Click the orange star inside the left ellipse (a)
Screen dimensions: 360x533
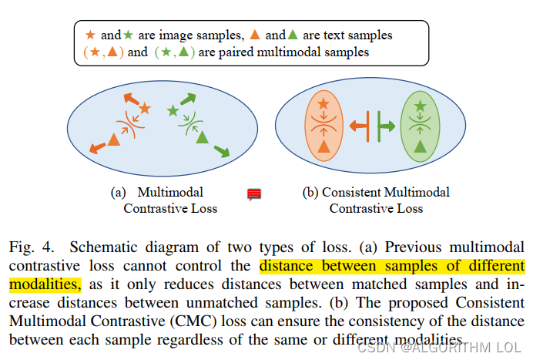(x=145, y=108)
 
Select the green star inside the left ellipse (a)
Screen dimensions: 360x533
(x=173, y=111)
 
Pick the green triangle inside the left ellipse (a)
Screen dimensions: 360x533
(x=202, y=137)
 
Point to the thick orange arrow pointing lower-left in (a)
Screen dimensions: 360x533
(x=98, y=147)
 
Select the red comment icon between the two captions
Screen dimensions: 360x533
(x=253, y=194)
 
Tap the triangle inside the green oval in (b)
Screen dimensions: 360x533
(x=420, y=146)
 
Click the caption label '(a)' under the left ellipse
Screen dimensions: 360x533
(x=119, y=192)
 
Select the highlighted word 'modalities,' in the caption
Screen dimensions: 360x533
(x=43, y=283)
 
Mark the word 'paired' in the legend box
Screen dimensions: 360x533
(x=218, y=52)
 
